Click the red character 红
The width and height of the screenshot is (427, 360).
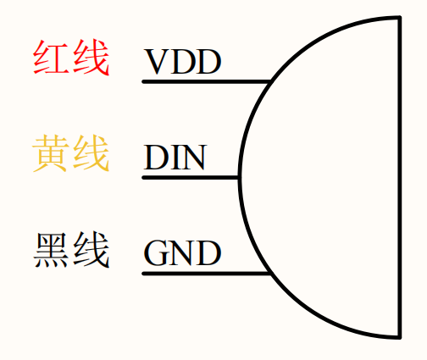(x=51, y=58)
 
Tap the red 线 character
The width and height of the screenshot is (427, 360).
(x=91, y=58)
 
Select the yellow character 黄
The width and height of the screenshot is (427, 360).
(x=51, y=153)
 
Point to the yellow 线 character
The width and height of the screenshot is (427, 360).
(x=91, y=153)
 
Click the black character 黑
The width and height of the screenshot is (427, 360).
(x=51, y=250)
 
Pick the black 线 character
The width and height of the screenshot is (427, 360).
(x=91, y=250)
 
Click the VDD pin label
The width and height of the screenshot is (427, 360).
(x=182, y=62)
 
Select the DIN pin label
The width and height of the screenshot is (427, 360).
(x=175, y=157)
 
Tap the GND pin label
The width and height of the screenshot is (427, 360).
(x=182, y=253)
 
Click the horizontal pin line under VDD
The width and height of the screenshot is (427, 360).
(x=207, y=82)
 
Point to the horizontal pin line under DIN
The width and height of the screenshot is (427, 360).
(x=191, y=178)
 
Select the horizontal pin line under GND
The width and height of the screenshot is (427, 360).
(x=207, y=274)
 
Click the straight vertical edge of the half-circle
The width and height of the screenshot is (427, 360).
(x=400, y=177)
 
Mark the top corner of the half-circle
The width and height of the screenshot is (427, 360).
(x=400, y=18)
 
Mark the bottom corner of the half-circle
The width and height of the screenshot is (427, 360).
(x=400, y=337)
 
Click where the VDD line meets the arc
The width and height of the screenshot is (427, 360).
(x=270, y=82)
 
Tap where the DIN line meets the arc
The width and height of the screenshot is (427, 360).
(x=240, y=178)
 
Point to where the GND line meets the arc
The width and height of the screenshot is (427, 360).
(x=270, y=274)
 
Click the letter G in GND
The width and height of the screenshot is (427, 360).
(x=156, y=253)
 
